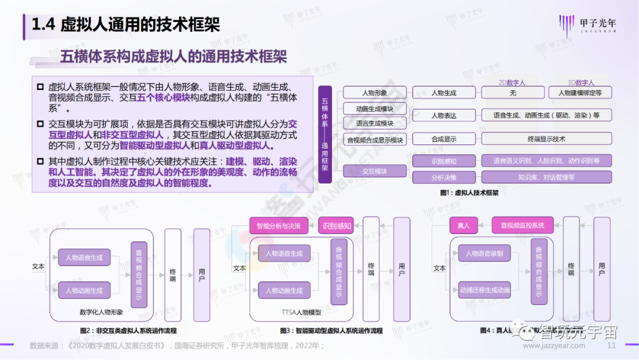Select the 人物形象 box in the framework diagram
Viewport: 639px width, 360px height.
pos(374,93)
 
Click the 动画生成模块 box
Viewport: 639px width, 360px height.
pos(374,109)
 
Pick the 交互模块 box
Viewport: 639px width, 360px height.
pos(374,171)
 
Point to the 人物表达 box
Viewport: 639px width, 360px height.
pos(444,115)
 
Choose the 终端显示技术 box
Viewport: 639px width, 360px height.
pos(546,139)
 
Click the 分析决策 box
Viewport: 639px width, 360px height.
pos(444,177)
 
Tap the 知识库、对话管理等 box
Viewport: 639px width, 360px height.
pos(546,177)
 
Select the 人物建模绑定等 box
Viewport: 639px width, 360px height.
pos(580,93)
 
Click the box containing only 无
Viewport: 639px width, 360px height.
pos(512,93)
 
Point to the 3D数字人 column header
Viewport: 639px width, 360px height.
pos(580,83)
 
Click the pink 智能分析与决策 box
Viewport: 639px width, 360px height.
pos(279,226)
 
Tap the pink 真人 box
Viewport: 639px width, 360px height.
pos(463,226)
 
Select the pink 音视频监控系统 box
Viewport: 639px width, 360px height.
pos(522,226)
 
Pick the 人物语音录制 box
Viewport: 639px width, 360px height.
pos(484,254)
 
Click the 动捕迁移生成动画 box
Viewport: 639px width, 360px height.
pos(484,290)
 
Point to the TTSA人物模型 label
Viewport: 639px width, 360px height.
pos(301,312)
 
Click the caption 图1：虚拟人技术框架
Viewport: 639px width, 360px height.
pos(469,193)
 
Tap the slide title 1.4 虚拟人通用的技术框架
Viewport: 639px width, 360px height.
pos(125,24)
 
